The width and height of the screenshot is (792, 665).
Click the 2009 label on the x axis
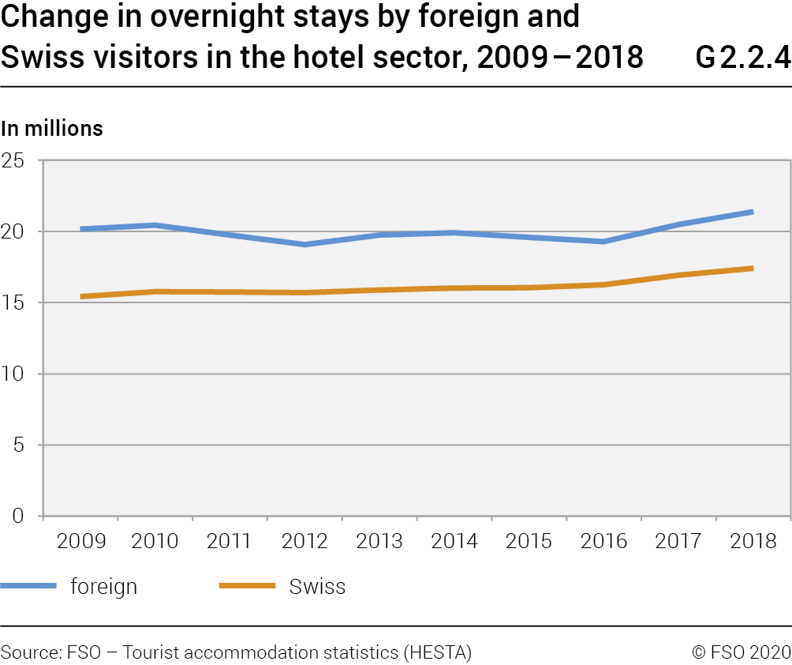80,541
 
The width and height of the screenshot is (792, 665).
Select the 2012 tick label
305,541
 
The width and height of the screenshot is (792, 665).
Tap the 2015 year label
529,541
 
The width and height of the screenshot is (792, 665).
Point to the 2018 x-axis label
753,541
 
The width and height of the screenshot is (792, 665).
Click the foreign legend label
103,587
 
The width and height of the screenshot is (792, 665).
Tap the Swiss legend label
317,587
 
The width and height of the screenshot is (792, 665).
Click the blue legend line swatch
29,586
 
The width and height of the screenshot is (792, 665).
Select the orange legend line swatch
247,586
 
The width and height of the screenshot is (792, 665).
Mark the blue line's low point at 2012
305,244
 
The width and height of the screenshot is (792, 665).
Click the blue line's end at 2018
753,212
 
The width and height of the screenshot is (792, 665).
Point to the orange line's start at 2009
81,297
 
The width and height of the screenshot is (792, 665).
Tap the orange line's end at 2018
753,269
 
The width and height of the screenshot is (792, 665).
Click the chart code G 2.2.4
743,57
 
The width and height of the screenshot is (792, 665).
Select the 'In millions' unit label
52,128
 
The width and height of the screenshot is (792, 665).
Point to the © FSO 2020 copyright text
741,652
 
